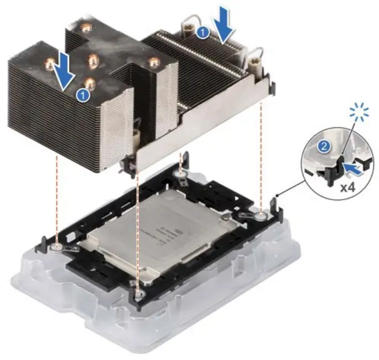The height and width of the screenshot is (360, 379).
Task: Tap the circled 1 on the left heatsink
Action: [83, 94]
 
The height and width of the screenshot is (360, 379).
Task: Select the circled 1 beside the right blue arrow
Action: [202, 33]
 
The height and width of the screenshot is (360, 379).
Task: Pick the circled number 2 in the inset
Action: [325, 147]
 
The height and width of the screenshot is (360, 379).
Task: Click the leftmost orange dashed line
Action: [57, 198]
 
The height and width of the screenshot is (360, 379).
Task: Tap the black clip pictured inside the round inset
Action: [332, 166]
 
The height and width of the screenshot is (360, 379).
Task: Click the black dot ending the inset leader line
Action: [276, 195]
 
